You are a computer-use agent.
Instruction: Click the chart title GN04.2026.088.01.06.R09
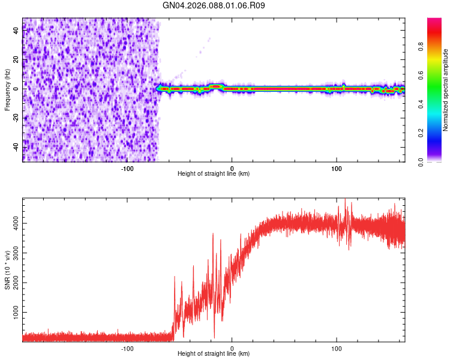tap(214, 5)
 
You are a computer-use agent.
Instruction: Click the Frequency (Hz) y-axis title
tap(7, 90)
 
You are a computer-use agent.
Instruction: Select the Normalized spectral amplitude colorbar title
tap(446, 90)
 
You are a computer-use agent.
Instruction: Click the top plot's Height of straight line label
tap(214, 174)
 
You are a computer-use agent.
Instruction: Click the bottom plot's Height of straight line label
tap(214, 354)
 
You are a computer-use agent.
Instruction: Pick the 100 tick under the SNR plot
tap(337, 348)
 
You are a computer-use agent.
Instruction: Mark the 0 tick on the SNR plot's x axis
tap(232, 348)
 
